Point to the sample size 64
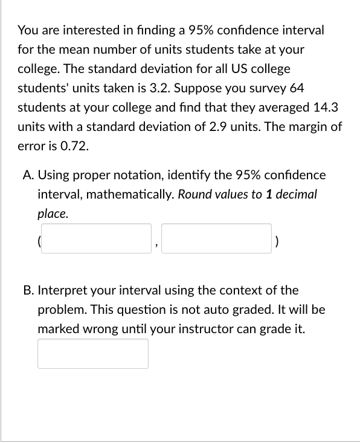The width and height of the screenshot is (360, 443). [297, 88]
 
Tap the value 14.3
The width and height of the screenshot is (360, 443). [327, 107]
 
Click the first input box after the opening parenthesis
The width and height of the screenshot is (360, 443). [97, 238]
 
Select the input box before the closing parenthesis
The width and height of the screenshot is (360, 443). [216, 238]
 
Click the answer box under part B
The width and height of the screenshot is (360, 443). [93, 354]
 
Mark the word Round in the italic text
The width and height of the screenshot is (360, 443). [193, 194]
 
